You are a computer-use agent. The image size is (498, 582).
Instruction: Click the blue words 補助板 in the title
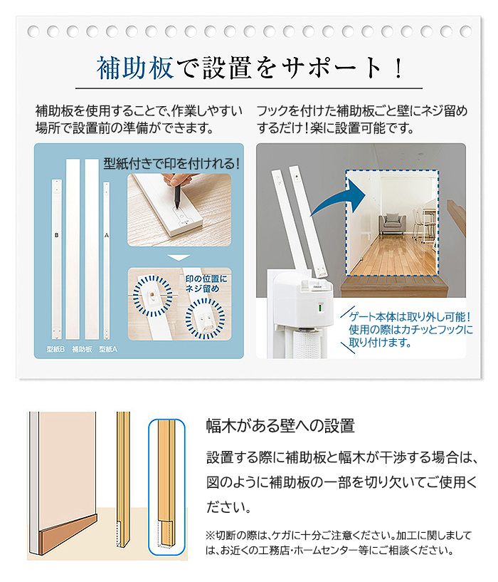135,68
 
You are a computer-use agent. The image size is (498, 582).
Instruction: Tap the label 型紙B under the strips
55,349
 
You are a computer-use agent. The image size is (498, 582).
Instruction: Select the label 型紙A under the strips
108,349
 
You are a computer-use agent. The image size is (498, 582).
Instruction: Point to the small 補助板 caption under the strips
82,349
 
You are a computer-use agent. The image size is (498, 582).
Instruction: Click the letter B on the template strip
56,235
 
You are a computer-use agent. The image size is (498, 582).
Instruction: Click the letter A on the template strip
107,235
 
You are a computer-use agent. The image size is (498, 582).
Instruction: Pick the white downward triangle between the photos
179,257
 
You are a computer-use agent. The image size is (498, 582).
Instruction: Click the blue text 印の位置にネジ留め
206,284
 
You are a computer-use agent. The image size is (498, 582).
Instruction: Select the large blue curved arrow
336,197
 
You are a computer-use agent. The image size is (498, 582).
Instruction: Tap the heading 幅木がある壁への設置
280,426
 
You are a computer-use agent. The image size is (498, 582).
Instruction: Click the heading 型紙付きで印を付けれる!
171,163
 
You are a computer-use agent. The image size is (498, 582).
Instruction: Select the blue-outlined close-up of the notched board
166,487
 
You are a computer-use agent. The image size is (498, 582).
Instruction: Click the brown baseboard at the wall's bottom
68,534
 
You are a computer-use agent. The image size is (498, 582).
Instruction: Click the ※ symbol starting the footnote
210,535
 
